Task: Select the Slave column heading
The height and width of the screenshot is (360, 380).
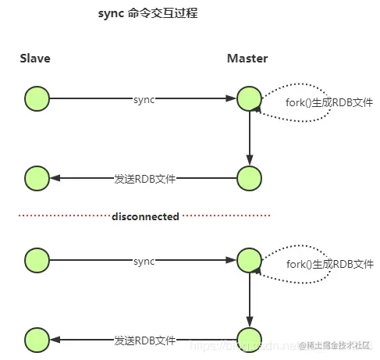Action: coord(37,59)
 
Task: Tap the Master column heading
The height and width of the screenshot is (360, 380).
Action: coord(247,59)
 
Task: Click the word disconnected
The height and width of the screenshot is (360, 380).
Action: coord(145,216)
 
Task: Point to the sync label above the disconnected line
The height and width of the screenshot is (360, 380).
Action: coord(144,99)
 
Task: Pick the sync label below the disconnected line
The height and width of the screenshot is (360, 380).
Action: coord(144,260)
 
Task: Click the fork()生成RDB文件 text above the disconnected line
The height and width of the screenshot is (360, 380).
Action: coord(330,103)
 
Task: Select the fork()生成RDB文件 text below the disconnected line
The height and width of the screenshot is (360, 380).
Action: coord(330,264)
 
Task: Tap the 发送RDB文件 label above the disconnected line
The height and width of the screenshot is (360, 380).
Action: coord(144,178)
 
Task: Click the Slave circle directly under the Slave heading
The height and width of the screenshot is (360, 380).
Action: coord(37,98)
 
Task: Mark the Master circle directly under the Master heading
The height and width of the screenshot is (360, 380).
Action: coord(249,98)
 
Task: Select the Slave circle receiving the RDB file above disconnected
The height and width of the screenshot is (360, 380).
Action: coord(37,178)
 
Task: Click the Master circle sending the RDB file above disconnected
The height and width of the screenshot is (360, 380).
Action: coord(249,178)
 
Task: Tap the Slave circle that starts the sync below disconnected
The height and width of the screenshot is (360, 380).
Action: coord(37,259)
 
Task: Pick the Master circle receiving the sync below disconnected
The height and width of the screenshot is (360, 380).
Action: coord(249,259)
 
